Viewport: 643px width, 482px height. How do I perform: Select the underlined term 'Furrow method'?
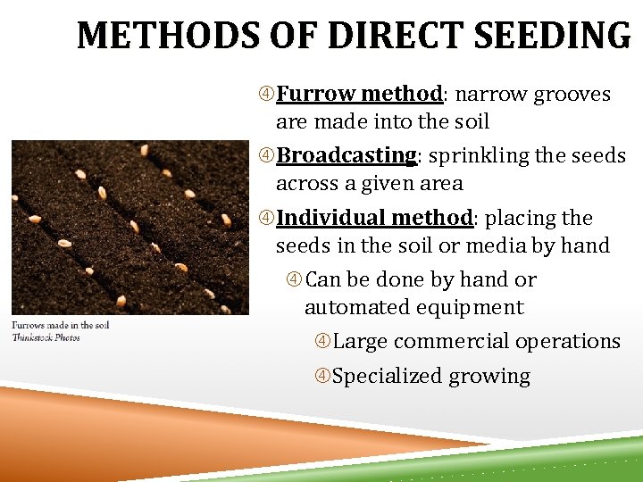coord(360,94)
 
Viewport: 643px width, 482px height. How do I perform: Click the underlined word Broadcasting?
coord(347,155)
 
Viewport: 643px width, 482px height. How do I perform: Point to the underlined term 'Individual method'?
coord(374,218)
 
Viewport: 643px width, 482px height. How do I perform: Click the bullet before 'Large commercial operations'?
coord(323,342)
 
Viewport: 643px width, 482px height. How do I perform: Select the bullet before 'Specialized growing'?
coord(323,377)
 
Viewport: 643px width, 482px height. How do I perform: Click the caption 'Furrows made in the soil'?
coord(60,325)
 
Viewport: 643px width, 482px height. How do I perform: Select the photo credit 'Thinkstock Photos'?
coord(46,337)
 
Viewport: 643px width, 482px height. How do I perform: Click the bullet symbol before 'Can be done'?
coord(295,280)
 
